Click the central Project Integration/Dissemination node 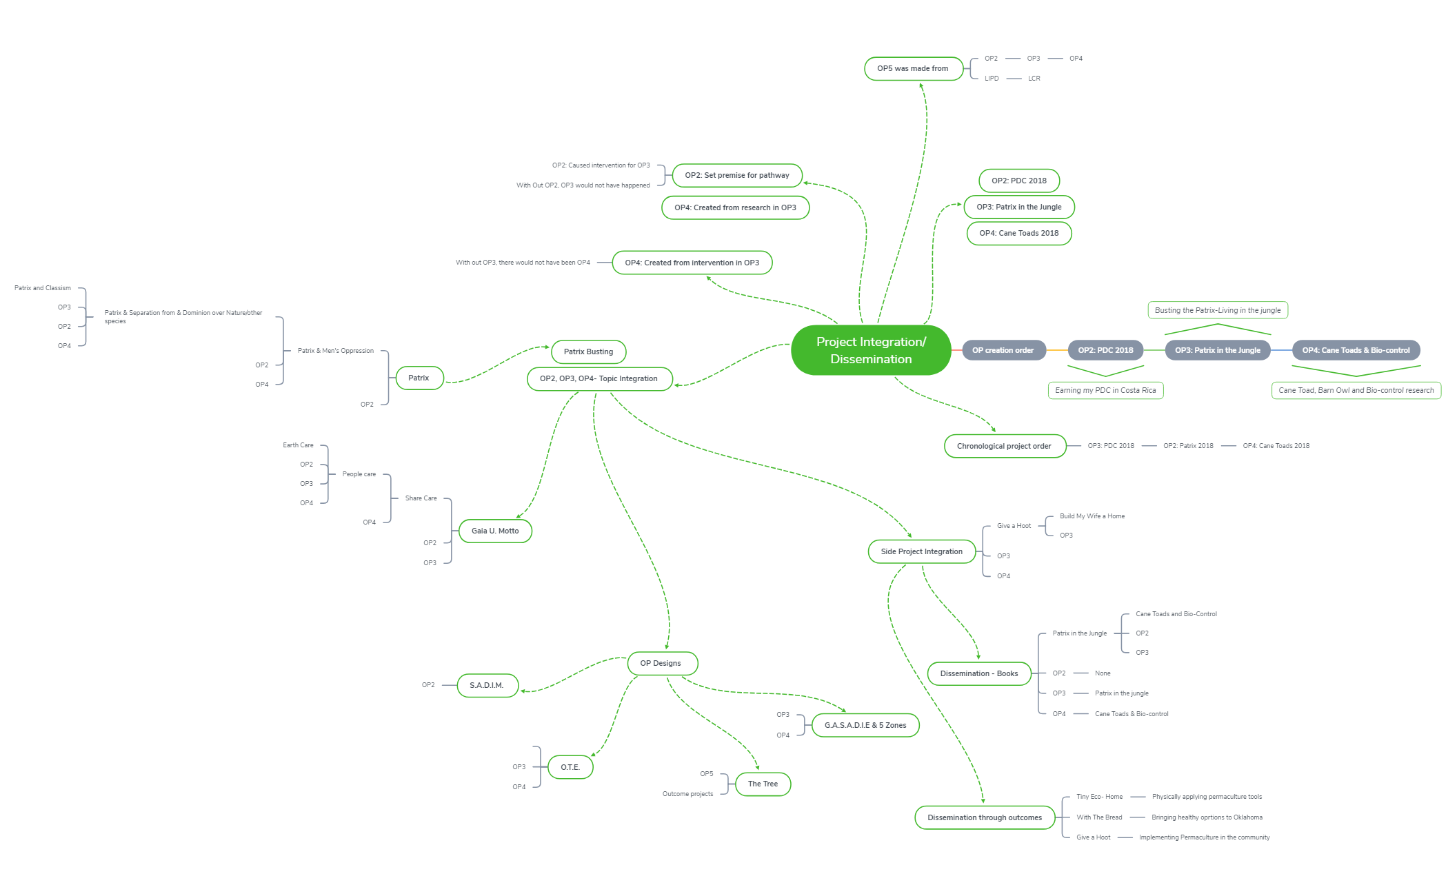point(871,350)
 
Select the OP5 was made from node point(913,69)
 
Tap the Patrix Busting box point(588,352)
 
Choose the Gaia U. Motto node point(495,531)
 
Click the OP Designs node point(661,663)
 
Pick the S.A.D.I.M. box point(487,685)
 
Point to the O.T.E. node point(570,767)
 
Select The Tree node point(763,784)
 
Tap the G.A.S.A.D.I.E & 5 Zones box point(865,725)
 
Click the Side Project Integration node point(921,551)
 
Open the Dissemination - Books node point(979,673)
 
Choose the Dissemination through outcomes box point(985,817)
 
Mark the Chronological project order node point(1004,446)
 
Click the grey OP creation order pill point(1003,350)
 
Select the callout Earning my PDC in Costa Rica point(1105,390)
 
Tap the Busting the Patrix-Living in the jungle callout point(1218,310)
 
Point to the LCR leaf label point(1034,79)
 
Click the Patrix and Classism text point(43,288)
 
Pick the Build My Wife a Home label point(1092,516)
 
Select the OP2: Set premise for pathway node point(737,175)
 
